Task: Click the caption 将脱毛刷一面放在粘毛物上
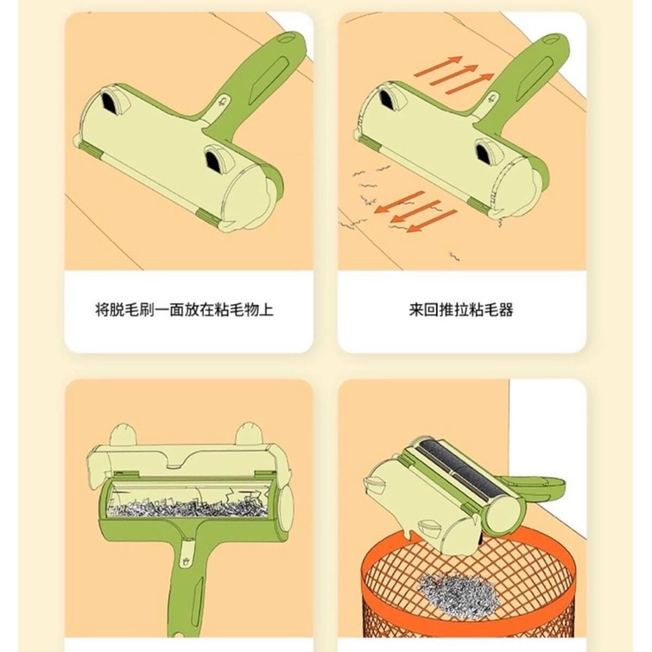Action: point(184,310)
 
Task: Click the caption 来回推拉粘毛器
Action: point(461,310)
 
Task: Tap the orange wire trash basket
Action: point(469,591)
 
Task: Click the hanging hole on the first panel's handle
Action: point(285,38)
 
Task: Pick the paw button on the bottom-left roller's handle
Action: point(184,560)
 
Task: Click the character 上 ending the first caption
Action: point(266,310)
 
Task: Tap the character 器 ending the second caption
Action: point(506,310)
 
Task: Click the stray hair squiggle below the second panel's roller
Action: point(454,256)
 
